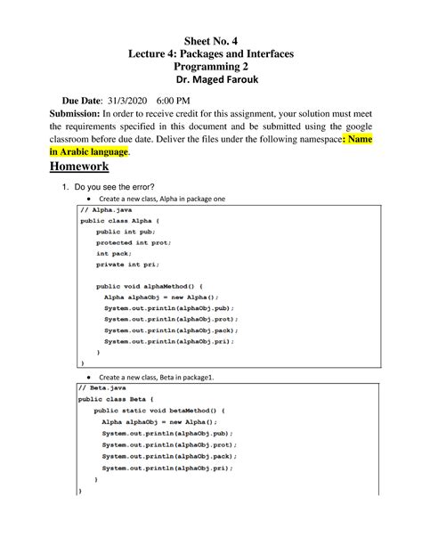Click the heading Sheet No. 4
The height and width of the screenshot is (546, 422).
point(211,41)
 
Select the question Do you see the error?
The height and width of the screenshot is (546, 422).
point(123,184)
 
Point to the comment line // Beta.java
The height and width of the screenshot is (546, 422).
point(100,389)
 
